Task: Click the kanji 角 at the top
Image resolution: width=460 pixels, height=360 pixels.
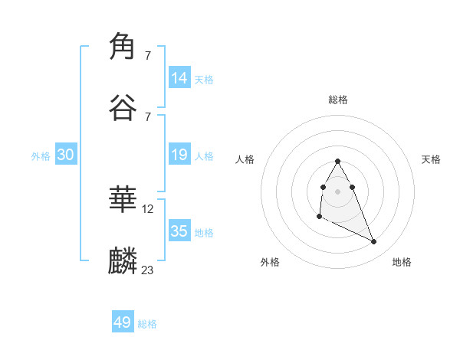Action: pos(123,47)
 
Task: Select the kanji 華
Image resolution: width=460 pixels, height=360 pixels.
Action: pos(123,200)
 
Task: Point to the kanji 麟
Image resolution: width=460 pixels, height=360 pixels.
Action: pos(123,261)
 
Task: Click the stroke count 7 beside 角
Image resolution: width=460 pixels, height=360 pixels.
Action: pos(148,55)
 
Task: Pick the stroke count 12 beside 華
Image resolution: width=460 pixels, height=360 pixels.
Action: pos(148,208)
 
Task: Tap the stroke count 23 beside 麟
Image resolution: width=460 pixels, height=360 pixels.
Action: pos(148,270)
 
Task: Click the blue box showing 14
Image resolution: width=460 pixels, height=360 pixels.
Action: pos(179,77)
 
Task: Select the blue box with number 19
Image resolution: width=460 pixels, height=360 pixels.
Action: pos(179,155)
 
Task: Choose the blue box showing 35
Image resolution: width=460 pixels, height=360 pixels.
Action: pos(179,231)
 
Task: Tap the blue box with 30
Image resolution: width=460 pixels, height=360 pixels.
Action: pos(66,155)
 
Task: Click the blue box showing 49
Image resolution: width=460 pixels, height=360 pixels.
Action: pos(123,322)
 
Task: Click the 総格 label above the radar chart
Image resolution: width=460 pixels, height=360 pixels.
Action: pos(338,100)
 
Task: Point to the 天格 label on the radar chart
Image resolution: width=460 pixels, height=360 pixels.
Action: pos(431,159)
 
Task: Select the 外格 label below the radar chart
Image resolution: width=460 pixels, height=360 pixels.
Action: pos(270,262)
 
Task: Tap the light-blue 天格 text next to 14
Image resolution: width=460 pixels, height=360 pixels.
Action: pos(204,79)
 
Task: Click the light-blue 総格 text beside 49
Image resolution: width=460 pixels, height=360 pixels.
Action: pos(147,324)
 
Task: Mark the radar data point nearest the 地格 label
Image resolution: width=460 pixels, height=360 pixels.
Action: pos(374,242)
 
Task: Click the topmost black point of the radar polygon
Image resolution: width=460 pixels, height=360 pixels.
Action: pos(337,161)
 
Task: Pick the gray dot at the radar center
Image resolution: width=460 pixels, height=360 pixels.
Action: pos(337,190)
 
